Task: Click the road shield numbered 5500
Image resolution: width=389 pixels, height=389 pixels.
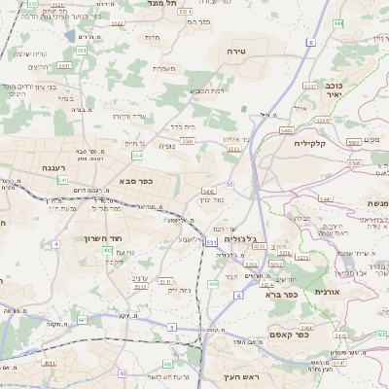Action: click(x=188, y=142)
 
